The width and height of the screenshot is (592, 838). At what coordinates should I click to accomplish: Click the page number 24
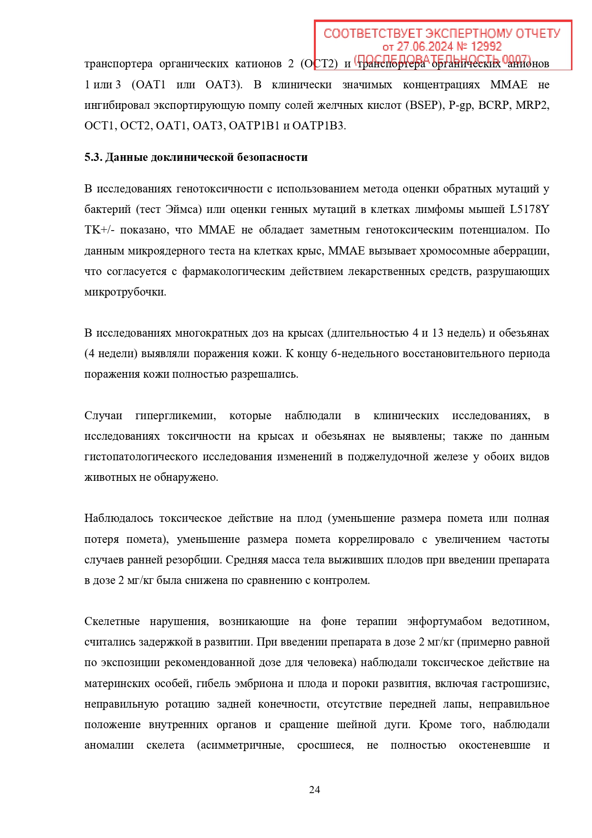314,789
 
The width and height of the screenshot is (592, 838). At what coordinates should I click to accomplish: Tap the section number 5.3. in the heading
93,157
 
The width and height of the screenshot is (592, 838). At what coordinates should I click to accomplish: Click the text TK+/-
99,230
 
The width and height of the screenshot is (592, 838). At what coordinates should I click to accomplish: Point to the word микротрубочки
125,292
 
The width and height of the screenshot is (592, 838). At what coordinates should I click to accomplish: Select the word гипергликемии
175,415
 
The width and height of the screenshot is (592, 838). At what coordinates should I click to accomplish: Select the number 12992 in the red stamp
486,46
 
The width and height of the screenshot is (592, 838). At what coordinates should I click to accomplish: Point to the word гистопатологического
141,456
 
